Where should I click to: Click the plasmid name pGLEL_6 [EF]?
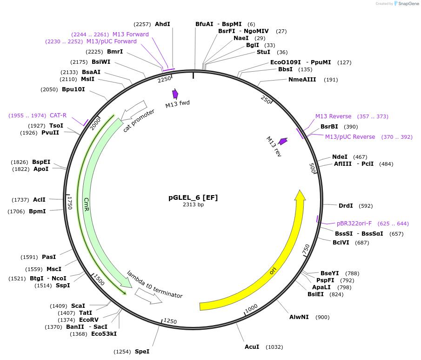click(x=193, y=197)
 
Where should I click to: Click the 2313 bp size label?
click(x=193, y=204)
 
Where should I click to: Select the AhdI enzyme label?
click(x=162, y=24)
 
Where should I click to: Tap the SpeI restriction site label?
click(x=142, y=351)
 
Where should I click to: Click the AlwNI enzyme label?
click(x=299, y=317)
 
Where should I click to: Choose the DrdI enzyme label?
click(x=346, y=206)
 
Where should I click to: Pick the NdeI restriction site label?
click(x=340, y=157)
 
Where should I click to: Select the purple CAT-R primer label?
click(x=58, y=115)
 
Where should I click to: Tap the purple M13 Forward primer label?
click(x=131, y=34)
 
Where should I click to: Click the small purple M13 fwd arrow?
click(x=175, y=94)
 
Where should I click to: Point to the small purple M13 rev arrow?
click(x=282, y=141)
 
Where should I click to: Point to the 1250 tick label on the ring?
click(x=170, y=322)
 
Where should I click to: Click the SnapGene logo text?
click(x=407, y=4)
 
